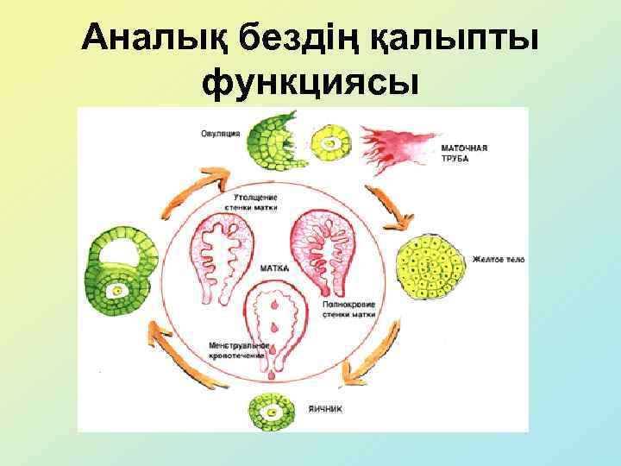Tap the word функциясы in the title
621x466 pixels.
pyautogui.click(x=310, y=84)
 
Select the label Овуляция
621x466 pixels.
pyautogui.click(x=221, y=133)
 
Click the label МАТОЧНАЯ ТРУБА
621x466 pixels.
pyautogui.click(x=466, y=154)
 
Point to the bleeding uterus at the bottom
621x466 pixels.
pyautogui.click(x=274, y=328)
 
